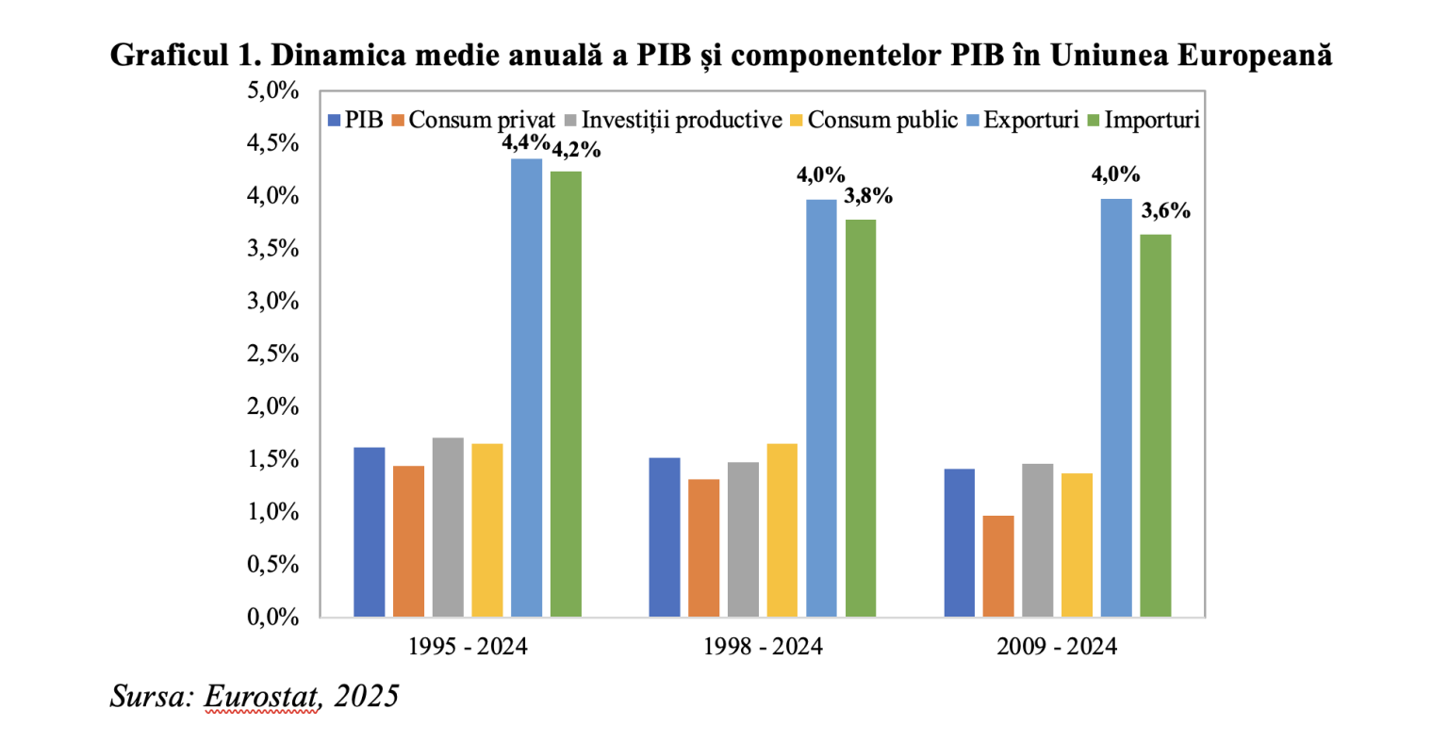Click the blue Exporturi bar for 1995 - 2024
point(526,387)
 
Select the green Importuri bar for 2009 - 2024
point(1156,425)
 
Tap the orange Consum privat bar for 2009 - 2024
point(998,566)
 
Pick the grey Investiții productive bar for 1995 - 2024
point(448,527)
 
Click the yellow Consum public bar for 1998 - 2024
point(782,530)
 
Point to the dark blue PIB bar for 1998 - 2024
point(664,536)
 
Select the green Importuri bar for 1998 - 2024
point(861,418)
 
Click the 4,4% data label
point(525,143)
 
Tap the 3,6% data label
point(1165,211)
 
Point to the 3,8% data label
point(867,196)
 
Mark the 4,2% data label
point(575,150)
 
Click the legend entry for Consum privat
point(473,121)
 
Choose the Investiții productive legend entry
point(673,121)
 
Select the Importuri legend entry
point(1143,121)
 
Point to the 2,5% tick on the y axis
point(273,355)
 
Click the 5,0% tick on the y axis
point(273,91)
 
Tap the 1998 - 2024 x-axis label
point(763,647)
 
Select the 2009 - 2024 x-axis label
point(1057,647)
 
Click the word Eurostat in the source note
point(261,696)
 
